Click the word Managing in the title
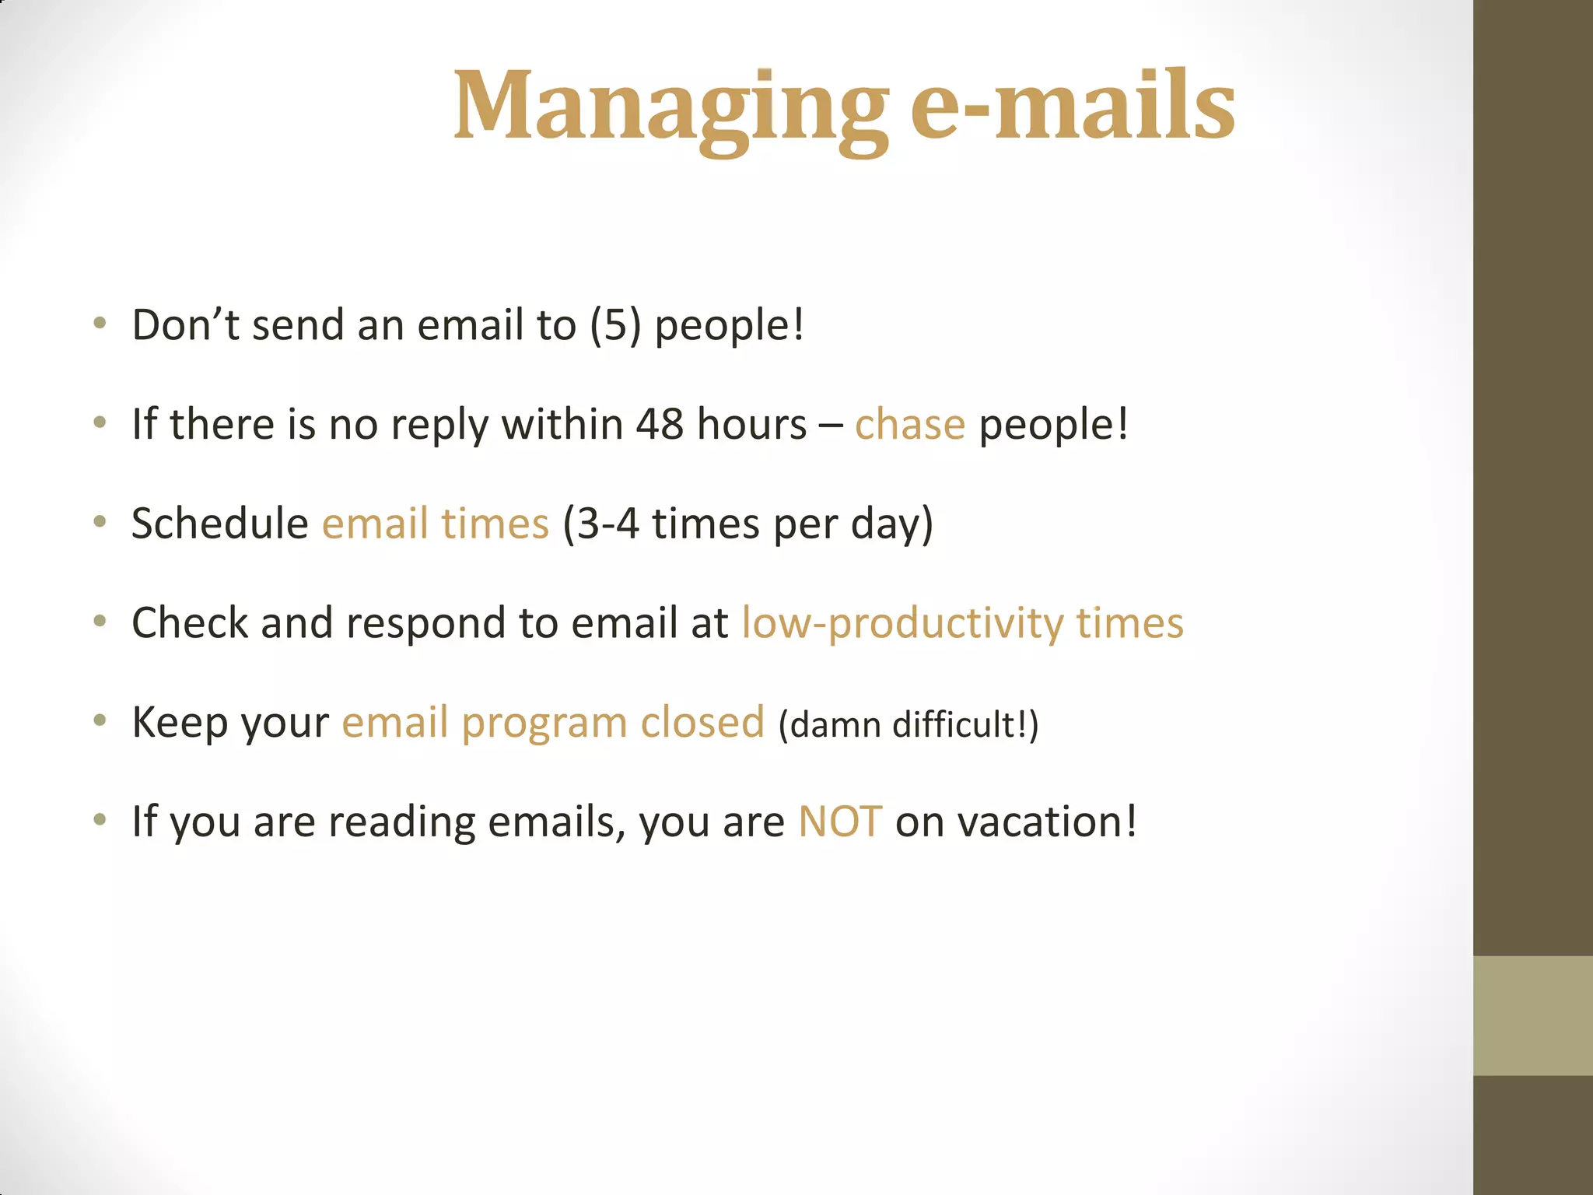tap(670, 107)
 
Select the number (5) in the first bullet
tap(615, 325)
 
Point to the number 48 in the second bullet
tap(660, 425)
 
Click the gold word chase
tap(909, 425)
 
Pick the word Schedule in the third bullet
tap(220, 524)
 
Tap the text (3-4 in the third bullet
tap(600, 524)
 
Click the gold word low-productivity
tap(902, 624)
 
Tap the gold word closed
tap(702, 723)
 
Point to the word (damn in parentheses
tap(830, 725)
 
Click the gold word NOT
tap(840, 822)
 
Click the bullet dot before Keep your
tap(100, 721)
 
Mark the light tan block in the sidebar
tap(1532, 1015)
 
